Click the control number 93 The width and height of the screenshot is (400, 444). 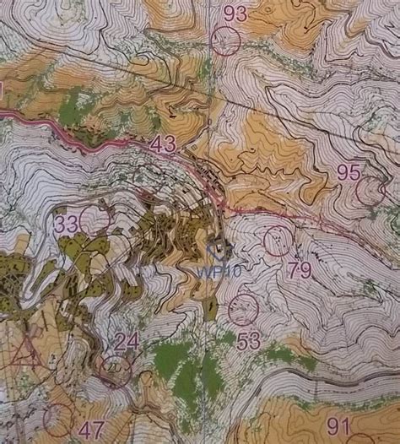(235, 13)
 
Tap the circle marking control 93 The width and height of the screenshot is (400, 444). (225, 41)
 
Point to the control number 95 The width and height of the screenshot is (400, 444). (349, 171)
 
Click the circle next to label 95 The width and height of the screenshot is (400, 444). (370, 191)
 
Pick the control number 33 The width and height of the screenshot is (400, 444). (67, 225)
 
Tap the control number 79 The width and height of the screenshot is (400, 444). (300, 270)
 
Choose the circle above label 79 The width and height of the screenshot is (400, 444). (277, 241)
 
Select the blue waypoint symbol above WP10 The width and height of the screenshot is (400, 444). (218, 250)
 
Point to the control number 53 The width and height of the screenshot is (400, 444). (249, 341)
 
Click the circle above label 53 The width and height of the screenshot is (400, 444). (243, 309)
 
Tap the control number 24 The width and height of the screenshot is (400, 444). (127, 341)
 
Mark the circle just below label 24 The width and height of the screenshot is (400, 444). (116, 371)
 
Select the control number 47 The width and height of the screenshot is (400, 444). (91, 429)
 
